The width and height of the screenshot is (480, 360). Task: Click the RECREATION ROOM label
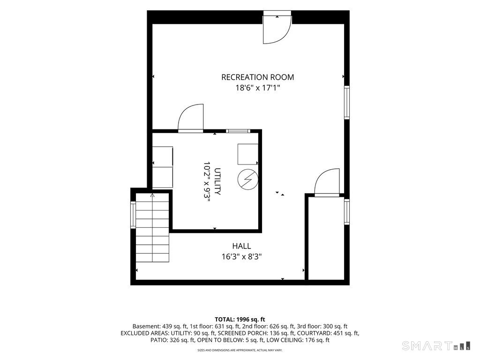pos(257,77)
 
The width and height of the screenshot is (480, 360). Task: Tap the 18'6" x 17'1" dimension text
pos(257,88)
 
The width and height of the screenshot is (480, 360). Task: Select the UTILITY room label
pos(217,181)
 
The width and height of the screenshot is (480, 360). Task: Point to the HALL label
pos(241,246)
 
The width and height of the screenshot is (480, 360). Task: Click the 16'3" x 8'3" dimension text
pos(241,256)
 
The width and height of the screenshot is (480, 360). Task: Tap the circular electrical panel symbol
pos(247,179)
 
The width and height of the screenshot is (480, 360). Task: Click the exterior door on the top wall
pos(277,28)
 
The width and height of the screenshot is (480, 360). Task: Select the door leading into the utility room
pos(190,119)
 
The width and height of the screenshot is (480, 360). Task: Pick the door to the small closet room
pos(327,182)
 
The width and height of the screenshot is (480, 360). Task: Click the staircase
pos(152,228)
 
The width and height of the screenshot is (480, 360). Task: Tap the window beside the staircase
pos(133,215)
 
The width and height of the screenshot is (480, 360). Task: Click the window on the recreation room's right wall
pos(347,102)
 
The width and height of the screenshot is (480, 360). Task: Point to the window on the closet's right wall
pos(347,211)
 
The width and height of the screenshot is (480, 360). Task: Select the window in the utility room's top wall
pos(238,131)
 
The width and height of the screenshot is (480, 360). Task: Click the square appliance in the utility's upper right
pos(247,154)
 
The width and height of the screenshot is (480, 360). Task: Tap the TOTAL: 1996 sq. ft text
pos(240,320)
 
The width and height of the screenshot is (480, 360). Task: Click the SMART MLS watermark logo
pos(436,345)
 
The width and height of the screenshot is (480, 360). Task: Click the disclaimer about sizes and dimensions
pos(240,350)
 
